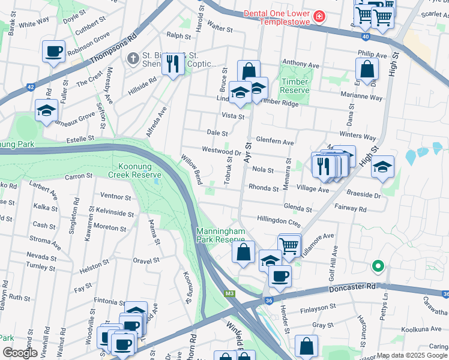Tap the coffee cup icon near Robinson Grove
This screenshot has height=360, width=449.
click(x=54, y=52)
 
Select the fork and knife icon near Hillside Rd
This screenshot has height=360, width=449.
click(x=173, y=62)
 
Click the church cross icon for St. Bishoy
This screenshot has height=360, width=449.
click(x=133, y=59)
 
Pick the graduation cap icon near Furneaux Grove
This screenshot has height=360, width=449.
click(x=46, y=110)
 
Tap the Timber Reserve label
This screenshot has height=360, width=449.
click(x=294, y=86)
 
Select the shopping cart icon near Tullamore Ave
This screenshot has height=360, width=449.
click(x=289, y=245)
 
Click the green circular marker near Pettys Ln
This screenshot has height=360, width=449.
click(x=378, y=265)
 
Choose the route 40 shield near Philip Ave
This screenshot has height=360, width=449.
click(x=366, y=37)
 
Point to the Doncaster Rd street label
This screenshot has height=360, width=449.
click(x=352, y=289)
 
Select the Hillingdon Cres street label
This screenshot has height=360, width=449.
click(x=278, y=221)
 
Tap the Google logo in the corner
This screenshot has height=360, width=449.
click(x=19, y=353)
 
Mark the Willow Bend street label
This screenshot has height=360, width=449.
click(x=191, y=169)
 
